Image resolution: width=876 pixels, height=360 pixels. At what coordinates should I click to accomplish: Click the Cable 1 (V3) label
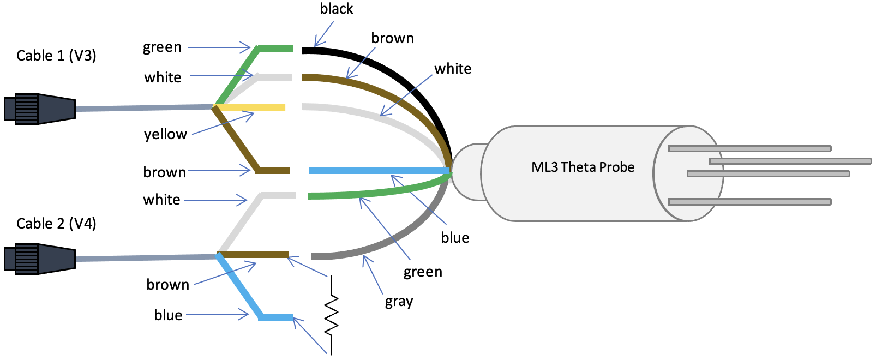56,56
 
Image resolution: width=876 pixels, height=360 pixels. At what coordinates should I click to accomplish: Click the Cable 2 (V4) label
56,224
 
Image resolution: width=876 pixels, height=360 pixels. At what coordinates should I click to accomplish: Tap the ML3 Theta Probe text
583,167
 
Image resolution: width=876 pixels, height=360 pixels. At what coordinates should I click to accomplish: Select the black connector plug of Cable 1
39,109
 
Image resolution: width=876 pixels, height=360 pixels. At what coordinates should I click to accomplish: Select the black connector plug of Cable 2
39,259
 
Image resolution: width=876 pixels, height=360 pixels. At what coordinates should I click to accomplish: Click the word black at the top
336,9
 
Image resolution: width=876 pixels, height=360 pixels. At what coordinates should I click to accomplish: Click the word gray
399,302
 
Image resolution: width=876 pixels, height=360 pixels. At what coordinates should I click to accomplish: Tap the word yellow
165,134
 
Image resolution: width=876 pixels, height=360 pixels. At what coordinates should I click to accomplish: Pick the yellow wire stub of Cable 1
256,107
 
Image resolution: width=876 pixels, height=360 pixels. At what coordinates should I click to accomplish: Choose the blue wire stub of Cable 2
275,317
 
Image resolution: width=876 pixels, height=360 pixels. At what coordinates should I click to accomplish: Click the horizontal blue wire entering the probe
376,171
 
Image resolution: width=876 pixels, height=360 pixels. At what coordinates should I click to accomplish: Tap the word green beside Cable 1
162,47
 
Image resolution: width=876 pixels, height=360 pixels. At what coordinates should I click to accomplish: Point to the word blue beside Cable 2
168,315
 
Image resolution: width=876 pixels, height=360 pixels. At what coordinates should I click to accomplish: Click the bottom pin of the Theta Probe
749,202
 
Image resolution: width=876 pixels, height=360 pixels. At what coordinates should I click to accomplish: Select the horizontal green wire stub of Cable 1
275,49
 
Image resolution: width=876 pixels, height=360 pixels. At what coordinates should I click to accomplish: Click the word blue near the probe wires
455,238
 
